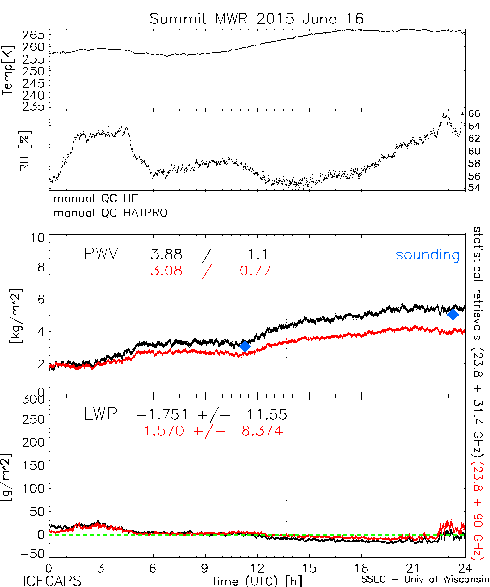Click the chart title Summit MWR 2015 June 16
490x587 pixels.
pos(257,19)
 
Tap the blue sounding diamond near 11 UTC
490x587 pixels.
pos(245,346)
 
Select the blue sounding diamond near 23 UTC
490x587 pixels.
pos(453,315)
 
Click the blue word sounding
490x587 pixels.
pos(427,255)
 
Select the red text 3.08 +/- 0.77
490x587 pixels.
pos(211,270)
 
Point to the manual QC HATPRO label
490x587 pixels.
pos(107,213)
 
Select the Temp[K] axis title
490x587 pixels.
pos(8,69)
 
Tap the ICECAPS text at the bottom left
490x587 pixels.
pos(48,580)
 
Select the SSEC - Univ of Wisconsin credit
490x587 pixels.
pos(424,580)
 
